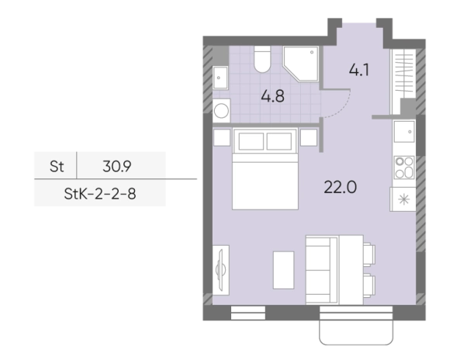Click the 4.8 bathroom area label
pyautogui.click(x=272, y=96)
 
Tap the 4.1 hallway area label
pyautogui.click(x=359, y=70)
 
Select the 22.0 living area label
pyautogui.click(x=341, y=187)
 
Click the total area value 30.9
pyautogui.click(x=117, y=167)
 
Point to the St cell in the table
pyautogui.click(x=57, y=167)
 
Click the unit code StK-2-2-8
pyautogui.click(x=100, y=194)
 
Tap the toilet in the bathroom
pyautogui.click(x=262, y=59)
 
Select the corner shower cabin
pyautogui.click(x=301, y=64)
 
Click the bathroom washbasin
pyautogui.click(x=220, y=78)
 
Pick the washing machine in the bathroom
pyautogui.click(x=222, y=111)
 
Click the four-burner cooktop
pyautogui.click(x=404, y=168)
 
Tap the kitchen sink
pyautogui.click(x=404, y=132)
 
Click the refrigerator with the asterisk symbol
pyautogui.click(x=403, y=199)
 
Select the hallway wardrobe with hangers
pyautogui.click(x=403, y=81)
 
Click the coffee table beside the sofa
pyautogui.click(x=283, y=270)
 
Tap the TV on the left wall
pyautogui.click(x=220, y=270)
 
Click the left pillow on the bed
pyautogui.click(x=251, y=141)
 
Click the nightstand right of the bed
pyautogui.click(x=309, y=137)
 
